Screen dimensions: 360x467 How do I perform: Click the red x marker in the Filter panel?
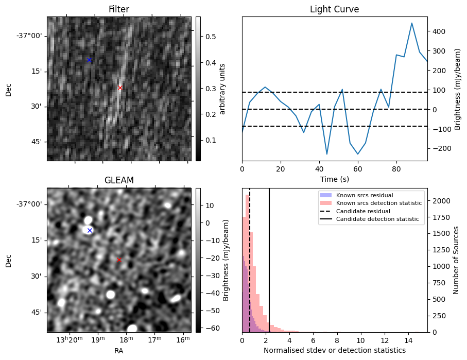[x=120, y=88]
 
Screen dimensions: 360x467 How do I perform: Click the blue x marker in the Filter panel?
[x=89, y=60]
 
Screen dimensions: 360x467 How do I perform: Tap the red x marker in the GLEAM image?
[x=119, y=260]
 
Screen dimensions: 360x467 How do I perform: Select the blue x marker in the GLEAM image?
[x=90, y=230]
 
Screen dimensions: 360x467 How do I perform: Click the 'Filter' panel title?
[x=119, y=9]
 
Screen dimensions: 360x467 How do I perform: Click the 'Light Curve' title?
[x=334, y=9]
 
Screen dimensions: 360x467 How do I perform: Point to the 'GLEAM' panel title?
[x=119, y=180]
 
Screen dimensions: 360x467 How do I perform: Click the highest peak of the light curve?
[x=412, y=23]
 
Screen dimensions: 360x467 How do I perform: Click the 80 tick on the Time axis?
[x=396, y=168]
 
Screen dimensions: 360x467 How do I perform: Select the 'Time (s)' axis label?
[x=334, y=179]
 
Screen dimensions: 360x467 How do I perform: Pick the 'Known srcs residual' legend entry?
[x=365, y=195]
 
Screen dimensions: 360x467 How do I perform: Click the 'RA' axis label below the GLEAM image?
[x=119, y=351]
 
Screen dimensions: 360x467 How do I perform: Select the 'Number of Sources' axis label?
[x=456, y=260]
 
